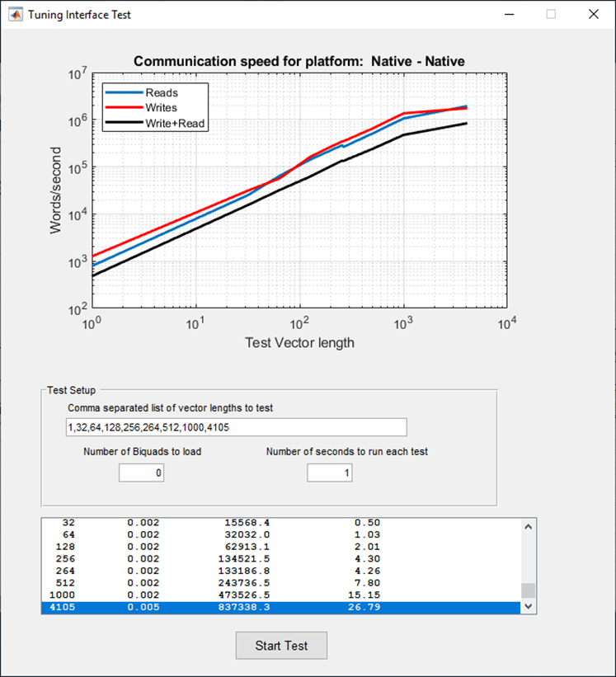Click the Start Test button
[281, 646]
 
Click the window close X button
[593, 14]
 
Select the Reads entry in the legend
[161, 93]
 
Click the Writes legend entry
[161, 108]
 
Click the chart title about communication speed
[299, 62]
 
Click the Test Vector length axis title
[299, 342]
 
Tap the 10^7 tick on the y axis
[78, 74]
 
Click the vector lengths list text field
[236, 427]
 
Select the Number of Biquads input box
[142, 472]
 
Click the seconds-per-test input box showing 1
[329, 472]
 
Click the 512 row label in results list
[63, 582]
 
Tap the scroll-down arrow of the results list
[528, 606]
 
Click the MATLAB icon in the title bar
[15, 14]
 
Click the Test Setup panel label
[72, 390]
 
